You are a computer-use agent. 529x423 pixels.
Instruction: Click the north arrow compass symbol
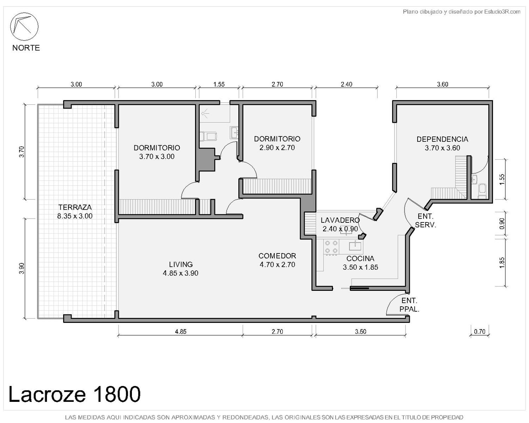(24, 26)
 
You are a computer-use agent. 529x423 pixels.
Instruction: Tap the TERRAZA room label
(75, 207)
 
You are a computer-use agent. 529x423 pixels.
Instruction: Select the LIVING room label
(181, 264)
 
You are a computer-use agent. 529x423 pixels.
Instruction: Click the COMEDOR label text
(277, 256)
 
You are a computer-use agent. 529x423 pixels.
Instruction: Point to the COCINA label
(360, 259)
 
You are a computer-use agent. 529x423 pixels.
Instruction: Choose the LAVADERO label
(340, 220)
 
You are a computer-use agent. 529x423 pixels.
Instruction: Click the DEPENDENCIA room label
(442, 139)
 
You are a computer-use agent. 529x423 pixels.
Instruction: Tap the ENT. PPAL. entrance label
(409, 305)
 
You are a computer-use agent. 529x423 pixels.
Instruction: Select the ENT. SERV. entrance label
(426, 220)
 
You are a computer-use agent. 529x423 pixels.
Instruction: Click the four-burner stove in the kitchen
(331, 247)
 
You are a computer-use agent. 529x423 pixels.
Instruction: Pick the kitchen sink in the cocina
(355, 246)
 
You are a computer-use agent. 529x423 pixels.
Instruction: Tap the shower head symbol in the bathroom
(205, 114)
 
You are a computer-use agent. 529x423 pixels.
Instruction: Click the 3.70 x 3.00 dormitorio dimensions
(157, 157)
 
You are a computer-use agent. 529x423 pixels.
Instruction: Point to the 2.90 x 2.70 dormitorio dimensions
(277, 148)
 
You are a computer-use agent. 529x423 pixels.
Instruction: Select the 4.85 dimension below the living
(181, 332)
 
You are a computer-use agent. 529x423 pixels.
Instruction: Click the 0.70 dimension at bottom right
(480, 332)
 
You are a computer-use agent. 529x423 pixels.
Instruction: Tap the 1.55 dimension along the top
(219, 84)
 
